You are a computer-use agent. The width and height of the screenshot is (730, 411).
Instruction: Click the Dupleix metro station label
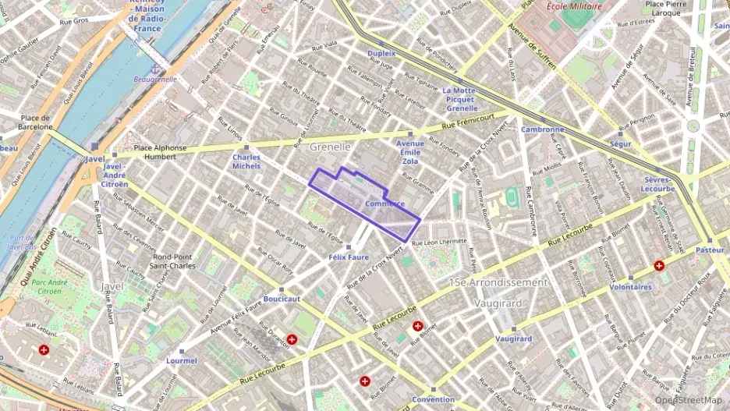381,53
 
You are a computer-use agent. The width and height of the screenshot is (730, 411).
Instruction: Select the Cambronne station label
542,129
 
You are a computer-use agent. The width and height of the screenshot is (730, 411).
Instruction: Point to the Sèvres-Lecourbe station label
657,183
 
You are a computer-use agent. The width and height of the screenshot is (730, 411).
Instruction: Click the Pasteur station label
710,250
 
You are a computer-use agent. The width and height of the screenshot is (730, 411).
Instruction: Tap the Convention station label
433,399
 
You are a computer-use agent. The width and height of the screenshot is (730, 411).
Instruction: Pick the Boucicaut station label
282,298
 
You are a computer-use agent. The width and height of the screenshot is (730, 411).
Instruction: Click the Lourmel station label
182,360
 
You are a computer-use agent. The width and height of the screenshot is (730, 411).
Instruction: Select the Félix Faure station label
348,257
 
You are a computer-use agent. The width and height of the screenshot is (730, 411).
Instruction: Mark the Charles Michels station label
246,161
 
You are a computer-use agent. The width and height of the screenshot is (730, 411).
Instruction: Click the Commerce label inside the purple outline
384,204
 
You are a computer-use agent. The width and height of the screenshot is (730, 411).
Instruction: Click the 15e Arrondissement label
499,282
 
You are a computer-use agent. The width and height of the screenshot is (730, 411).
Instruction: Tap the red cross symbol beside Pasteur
660,265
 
